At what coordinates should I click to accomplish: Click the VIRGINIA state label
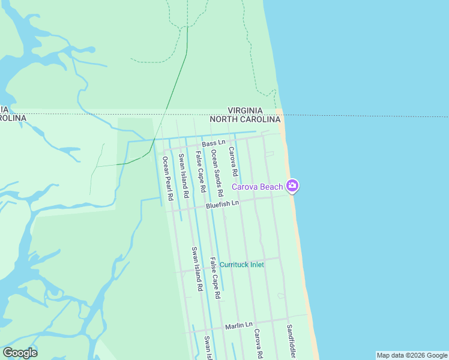pyautogui.click(x=245, y=110)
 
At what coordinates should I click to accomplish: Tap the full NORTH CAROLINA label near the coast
pyautogui.click(x=245, y=119)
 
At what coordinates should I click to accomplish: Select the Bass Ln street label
pyautogui.click(x=213, y=143)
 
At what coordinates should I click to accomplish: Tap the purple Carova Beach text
pyautogui.click(x=258, y=187)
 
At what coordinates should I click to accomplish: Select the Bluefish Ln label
pyautogui.click(x=222, y=205)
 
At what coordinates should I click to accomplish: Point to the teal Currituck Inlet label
pyautogui.click(x=241, y=264)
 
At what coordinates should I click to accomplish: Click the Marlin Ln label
pyautogui.click(x=238, y=326)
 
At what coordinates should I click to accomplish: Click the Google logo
pyautogui.click(x=20, y=352)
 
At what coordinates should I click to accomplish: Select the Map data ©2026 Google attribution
pyautogui.click(x=412, y=355)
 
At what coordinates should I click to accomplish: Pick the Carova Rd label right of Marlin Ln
pyautogui.click(x=258, y=343)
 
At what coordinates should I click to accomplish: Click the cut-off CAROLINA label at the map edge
pyautogui.click(x=13, y=118)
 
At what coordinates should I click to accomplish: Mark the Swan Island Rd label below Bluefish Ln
pyautogui.click(x=196, y=269)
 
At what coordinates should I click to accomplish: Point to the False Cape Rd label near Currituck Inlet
pyautogui.click(x=215, y=278)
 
